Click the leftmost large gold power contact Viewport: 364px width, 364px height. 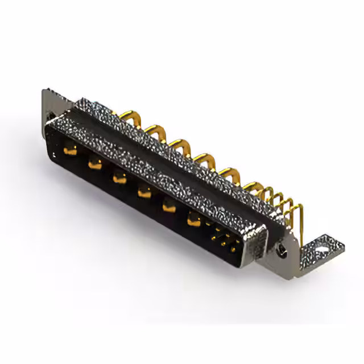pyautogui.click(x=71, y=151)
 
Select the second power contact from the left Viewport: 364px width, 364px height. pyautogui.click(x=94, y=164)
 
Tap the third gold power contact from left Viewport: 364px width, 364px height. pyautogui.click(x=119, y=178)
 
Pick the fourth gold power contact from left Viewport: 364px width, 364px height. pyautogui.click(x=144, y=192)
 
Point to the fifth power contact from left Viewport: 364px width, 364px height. pyautogui.click(x=169, y=206)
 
